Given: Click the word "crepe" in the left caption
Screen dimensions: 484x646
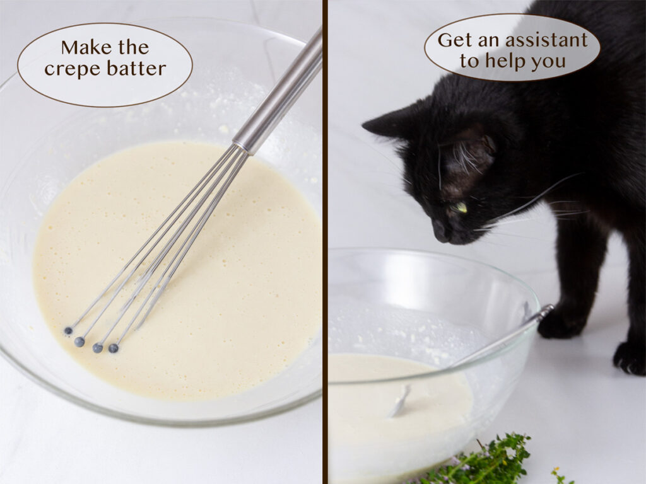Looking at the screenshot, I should pyautogui.click(x=71, y=68).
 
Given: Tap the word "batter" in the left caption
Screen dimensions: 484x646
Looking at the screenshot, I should pyautogui.click(x=135, y=68).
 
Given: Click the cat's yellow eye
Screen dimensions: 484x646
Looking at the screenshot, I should pyautogui.click(x=462, y=207).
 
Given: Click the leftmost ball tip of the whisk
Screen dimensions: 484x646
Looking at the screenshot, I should pyautogui.click(x=68, y=331).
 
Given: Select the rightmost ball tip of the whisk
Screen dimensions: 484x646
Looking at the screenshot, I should pyautogui.click(x=114, y=347).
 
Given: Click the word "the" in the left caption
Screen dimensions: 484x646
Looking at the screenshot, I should pyautogui.click(x=130, y=47).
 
